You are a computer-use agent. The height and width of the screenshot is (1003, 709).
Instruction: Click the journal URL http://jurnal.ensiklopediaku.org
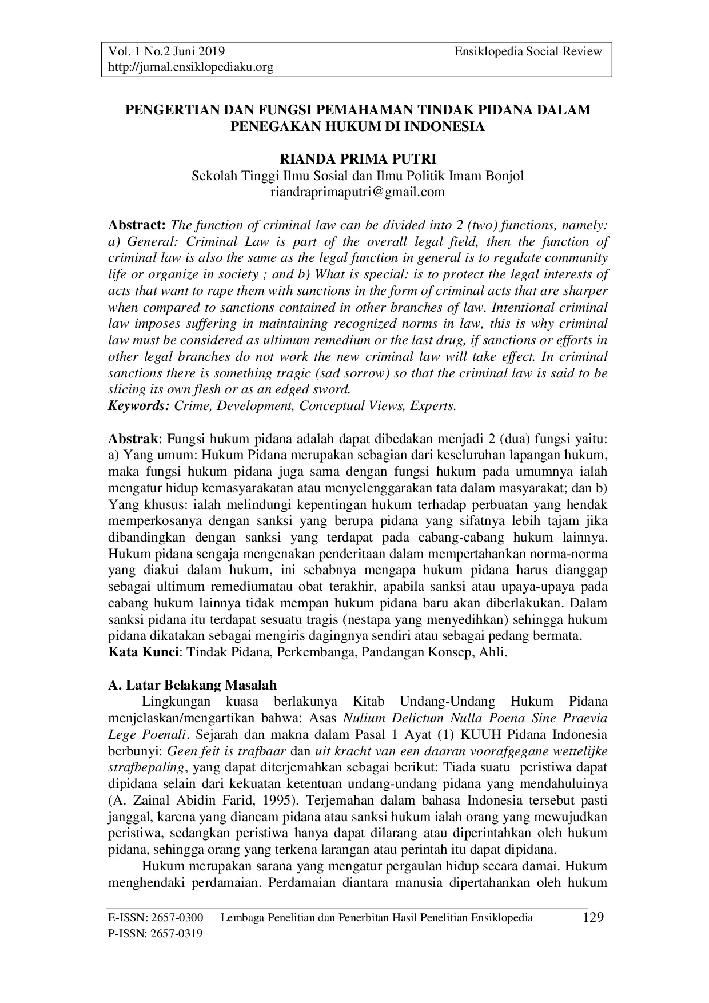tap(191, 67)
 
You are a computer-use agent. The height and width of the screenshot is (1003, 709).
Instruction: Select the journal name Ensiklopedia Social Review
tap(528, 51)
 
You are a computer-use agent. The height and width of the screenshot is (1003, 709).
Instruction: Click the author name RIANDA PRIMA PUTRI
tap(357, 159)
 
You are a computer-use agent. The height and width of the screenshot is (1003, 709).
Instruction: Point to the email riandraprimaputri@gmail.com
tap(357, 192)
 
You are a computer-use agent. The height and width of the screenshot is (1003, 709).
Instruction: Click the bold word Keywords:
tap(139, 406)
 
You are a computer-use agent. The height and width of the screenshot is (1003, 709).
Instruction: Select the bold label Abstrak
tap(133, 439)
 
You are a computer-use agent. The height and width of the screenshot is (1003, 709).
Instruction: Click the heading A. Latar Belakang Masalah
tap(193, 685)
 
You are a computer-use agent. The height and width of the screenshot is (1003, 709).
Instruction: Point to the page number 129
tap(593, 918)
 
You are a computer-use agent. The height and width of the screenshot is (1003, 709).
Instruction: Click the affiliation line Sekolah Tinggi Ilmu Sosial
tap(357, 176)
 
